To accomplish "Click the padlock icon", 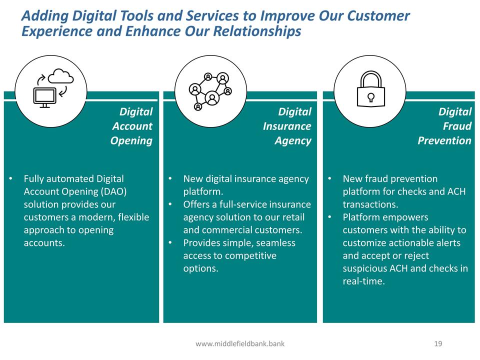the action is tap(370, 89).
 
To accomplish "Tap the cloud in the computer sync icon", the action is tap(61, 76).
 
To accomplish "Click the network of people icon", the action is tap(210, 91).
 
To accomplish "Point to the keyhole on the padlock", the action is tap(370, 97).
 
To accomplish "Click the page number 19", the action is tap(438, 344).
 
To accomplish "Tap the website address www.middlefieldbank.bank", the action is tap(240, 344).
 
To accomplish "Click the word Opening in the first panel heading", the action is tap(131, 141).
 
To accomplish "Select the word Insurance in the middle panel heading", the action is tap(287, 126).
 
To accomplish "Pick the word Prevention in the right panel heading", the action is tap(444, 140).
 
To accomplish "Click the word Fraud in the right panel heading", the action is tap(457, 126).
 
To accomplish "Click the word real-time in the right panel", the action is tap(363, 281).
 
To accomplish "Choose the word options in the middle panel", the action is tap(201, 268).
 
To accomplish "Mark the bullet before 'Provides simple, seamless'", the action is tap(170, 243).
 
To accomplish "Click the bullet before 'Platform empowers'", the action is tap(329, 217).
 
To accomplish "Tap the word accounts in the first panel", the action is tap(44, 243).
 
